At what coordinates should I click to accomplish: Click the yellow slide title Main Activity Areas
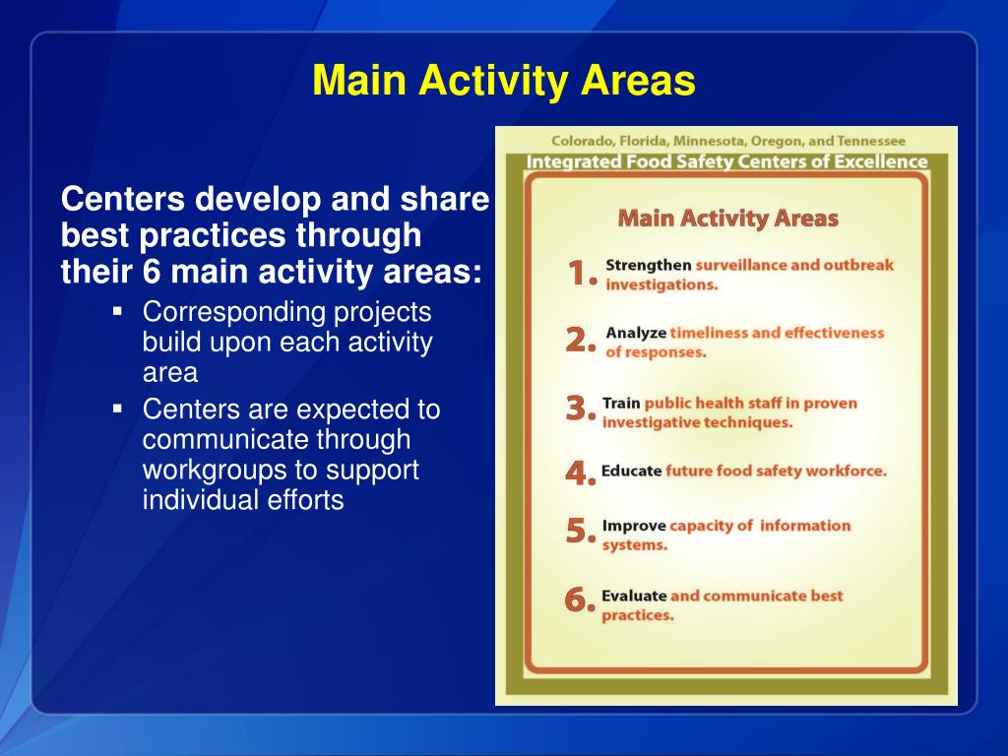[504, 81]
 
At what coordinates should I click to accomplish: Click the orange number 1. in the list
[581, 275]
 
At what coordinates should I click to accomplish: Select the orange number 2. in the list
[581, 342]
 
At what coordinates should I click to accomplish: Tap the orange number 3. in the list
[581, 409]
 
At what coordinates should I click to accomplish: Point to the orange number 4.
[581, 473]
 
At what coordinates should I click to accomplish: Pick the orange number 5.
[581, 533]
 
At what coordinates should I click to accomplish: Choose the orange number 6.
[581, 599]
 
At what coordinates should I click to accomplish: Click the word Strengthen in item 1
[648, 266]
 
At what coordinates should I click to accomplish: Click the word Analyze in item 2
[636, 334]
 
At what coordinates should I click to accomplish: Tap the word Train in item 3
[621, 404]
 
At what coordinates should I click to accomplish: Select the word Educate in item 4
[631, 472]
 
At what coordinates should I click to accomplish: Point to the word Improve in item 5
[633, 526]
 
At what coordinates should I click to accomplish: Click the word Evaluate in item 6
[633, 597]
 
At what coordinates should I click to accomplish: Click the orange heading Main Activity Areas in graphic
[727, 219]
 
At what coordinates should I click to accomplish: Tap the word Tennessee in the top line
[869, 141]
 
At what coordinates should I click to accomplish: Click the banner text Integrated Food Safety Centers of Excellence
[726, 161]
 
